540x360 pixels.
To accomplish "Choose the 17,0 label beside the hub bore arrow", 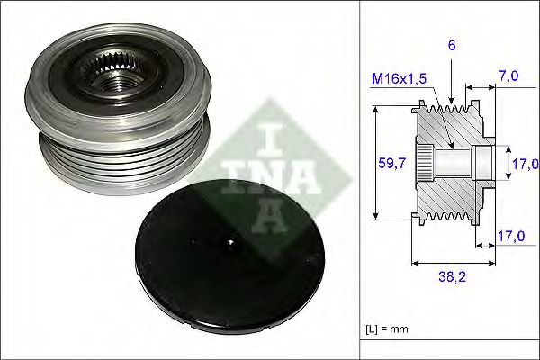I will click(525, 163).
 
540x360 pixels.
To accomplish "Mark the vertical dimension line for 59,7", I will click(374, 163).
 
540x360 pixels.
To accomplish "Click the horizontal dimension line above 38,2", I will click(454, 264).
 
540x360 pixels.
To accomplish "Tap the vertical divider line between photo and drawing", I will click(360, 180).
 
